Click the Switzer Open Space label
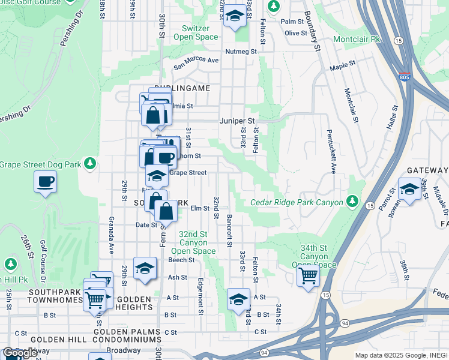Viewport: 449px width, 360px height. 196,32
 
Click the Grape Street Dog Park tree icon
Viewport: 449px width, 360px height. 89,163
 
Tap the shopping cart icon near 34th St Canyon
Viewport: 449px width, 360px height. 309,277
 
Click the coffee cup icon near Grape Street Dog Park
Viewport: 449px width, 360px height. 46,181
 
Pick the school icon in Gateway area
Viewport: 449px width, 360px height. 409,189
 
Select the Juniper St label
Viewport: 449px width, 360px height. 238,121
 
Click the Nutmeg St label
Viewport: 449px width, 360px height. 241,52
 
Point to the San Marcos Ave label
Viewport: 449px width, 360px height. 196,60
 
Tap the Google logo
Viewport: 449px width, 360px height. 20,353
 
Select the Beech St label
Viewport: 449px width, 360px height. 181,260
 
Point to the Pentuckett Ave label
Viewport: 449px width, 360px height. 330,148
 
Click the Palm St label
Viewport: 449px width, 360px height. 291,22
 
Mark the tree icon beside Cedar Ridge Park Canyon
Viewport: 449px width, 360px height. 352,200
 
